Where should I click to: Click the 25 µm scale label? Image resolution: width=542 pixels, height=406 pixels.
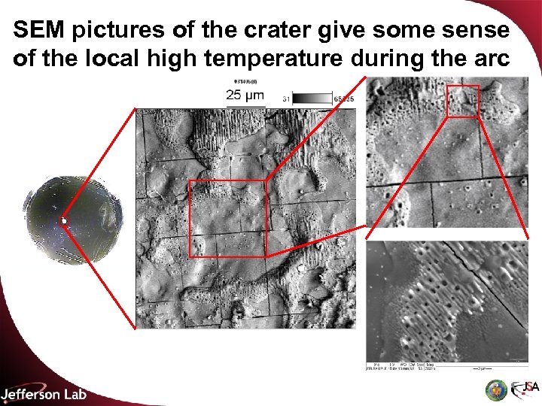click(x=245, y=95)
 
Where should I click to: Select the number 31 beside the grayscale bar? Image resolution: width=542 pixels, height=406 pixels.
click(x=286, y=98)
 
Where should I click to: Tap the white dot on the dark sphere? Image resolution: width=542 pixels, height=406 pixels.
click(x=65, y=220)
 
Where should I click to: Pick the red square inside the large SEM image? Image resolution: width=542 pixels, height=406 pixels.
click(x=227, y=218)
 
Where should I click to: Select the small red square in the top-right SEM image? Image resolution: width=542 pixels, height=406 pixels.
click(x=462, y=101)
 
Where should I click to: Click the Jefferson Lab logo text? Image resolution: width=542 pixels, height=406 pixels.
click(x=44, y=394)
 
